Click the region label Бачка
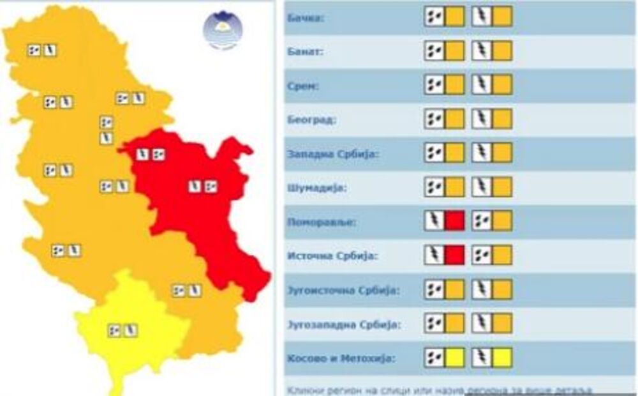tap(304, 17)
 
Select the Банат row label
tap(305, 51)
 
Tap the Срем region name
tap(302, 85)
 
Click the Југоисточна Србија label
tap(342, 291)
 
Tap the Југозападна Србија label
tap(343, 324)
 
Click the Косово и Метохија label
tap(340, 358)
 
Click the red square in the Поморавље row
tap(454, 221)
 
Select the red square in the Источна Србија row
tap(454, 255)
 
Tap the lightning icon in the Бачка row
tap(482, 16)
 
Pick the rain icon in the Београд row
tap(434, 118)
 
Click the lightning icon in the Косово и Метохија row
tap(482, 358)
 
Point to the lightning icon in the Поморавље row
tap(434, 221)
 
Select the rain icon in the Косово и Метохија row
tap(434, 358)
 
